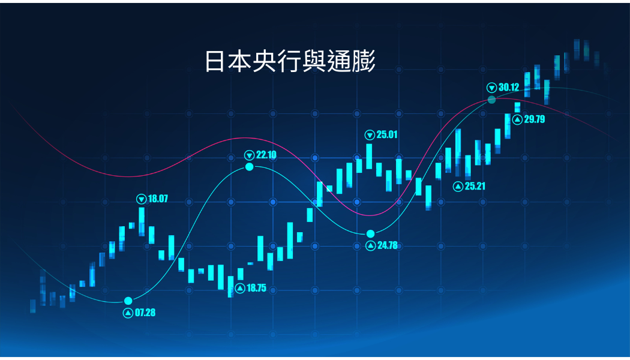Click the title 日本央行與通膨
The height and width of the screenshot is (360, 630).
[290, 61]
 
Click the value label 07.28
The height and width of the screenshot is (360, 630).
[145, 313]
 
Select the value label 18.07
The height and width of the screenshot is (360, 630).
[158, 199]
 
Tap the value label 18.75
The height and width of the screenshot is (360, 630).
[256, 288]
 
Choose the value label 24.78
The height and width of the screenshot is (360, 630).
[387, 245]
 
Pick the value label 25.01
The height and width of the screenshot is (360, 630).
[387, 134]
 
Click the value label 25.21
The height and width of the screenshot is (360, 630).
[475, 186]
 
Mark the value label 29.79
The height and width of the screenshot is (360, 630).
[534, 119]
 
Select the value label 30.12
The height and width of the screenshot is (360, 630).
[508, 87]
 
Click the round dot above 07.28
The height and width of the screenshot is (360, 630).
[128, 301]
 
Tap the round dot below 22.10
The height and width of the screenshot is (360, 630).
[250, 167]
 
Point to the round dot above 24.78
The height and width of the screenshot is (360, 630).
[370, 233]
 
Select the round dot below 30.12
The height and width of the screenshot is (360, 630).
[491, 99]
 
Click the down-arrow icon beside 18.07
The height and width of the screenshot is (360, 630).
[142, 199]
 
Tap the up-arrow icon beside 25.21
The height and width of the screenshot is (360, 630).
[458, 186]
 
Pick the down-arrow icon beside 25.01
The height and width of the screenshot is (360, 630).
[370, 134]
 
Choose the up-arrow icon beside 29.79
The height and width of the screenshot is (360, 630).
[517, 119]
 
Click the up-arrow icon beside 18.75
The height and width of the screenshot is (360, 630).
[240, 288]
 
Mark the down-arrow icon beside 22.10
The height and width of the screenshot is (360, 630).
[250, 155]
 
